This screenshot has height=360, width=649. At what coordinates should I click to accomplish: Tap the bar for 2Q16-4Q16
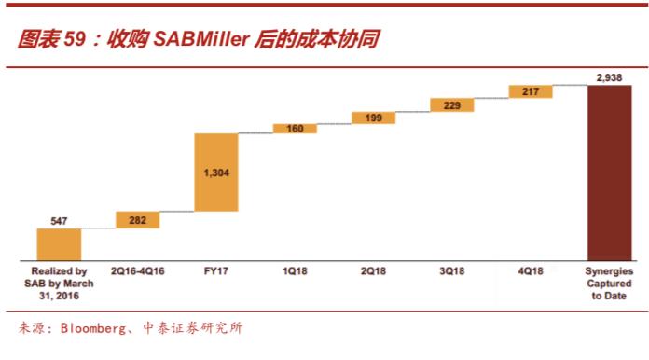pos(137,219)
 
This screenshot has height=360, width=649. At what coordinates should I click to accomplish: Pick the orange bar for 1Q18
pos(295,129)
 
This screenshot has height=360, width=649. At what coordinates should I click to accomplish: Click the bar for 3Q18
pos(452,105)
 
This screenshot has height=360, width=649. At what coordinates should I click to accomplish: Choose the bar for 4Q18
pos(531,91)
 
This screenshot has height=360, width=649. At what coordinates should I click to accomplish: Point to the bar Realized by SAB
pos(59,244)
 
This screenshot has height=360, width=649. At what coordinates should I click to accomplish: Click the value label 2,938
pos(610,77)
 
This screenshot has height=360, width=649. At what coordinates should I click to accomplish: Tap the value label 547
pos(59,221)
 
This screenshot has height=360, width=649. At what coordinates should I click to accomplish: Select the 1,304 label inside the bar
pos(216,173)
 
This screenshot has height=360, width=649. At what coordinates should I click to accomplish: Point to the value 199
pos(373,118)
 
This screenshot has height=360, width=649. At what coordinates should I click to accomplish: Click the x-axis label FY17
pos(216,272)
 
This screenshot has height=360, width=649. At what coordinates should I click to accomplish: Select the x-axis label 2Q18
pos(373,272)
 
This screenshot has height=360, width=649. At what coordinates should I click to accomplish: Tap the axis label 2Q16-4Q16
pos(137,272)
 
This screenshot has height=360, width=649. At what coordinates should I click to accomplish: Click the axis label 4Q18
pos(531,272)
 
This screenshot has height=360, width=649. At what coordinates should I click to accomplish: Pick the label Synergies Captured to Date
pos(610,284)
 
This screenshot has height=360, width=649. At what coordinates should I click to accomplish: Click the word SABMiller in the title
pos(200,40)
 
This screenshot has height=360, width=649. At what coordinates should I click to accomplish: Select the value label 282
pos(137,219)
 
